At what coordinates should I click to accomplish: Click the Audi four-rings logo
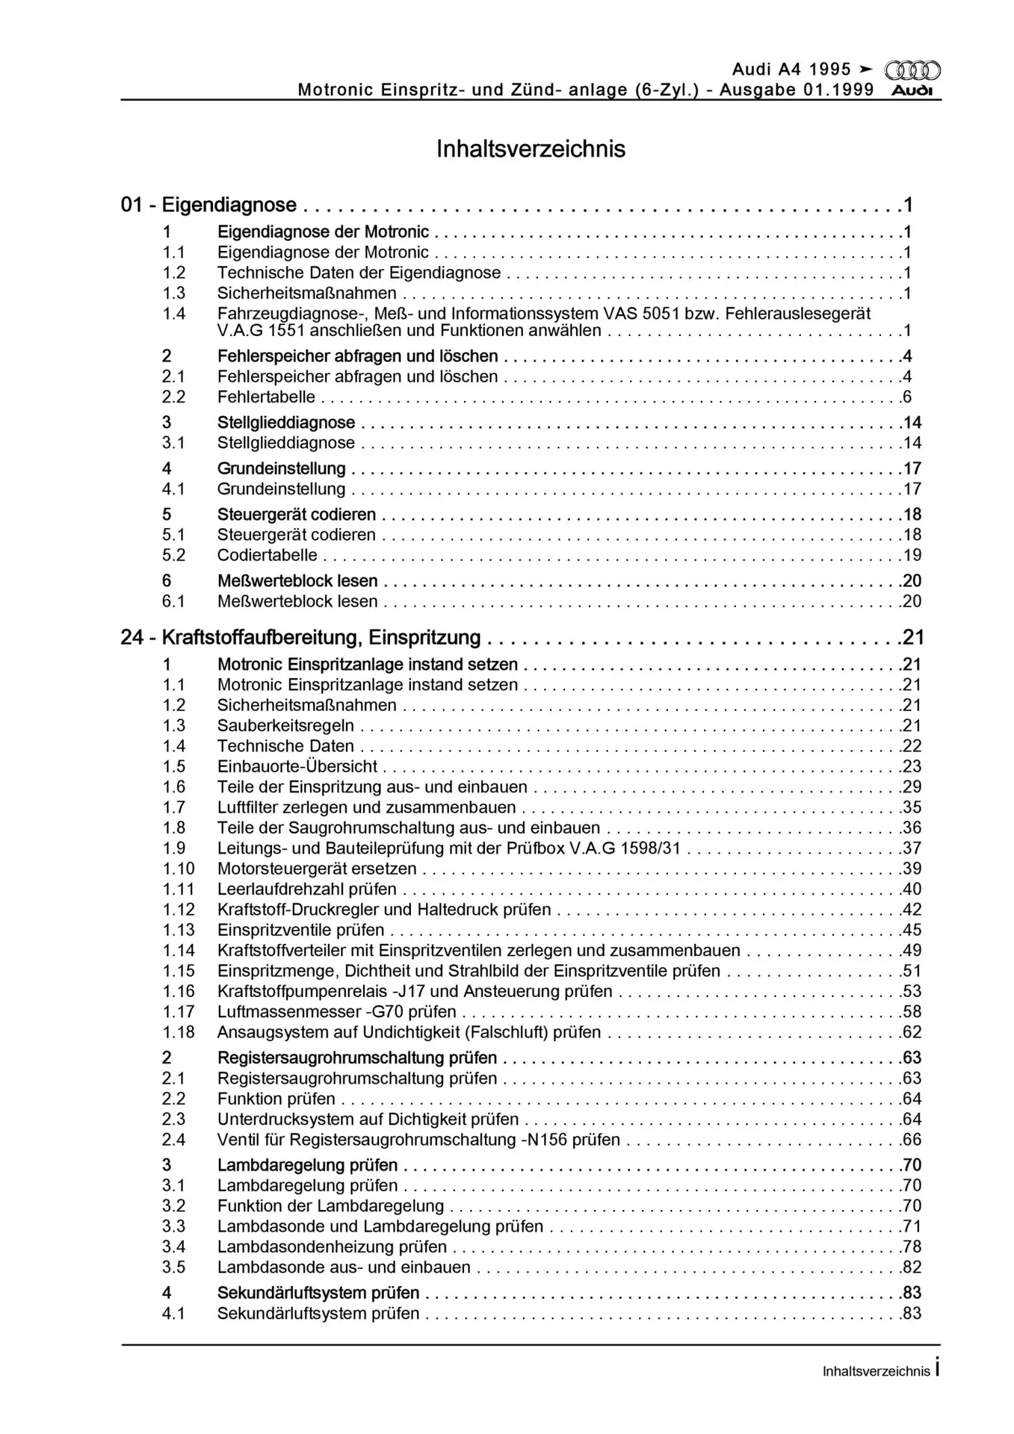tap(912, 70)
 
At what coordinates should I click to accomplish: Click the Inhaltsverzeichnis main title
tap(531, 149)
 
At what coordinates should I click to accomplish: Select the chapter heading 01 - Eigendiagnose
tap(208, 205)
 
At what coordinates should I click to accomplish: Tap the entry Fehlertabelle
tap(266, 397)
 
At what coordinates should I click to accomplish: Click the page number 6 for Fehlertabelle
tap(907, 397)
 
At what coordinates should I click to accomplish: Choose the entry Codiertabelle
tap(267, 556)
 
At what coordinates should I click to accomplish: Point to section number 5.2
tap(174, 556)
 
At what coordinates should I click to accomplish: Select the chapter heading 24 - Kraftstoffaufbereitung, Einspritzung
tap(300, 637)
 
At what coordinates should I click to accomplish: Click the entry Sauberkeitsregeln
tap(285, 725)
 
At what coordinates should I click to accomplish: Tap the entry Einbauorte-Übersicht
tap(297, 766)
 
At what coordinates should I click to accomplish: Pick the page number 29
tap(912, 786)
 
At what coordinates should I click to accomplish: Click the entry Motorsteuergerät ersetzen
tap(317, 869)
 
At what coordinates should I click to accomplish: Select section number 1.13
tap(179, 930)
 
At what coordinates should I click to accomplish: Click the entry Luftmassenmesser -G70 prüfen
tap(336, 1012)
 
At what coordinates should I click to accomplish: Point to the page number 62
tap(912, 1032)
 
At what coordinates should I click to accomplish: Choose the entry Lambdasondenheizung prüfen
tap(332, 1247)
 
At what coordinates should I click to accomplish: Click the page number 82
tap(912, 1267)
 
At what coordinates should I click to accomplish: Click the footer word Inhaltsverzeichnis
tap(876, 1371)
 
